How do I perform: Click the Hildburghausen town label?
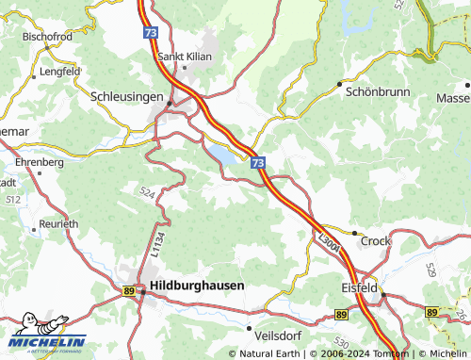click(x=198, y=285)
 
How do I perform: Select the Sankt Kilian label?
click(x=185, y=57)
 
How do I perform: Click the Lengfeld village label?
click(x=60, y=71)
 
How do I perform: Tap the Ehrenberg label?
click(x=40, y=162)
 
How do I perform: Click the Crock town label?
click(x=375, y=241)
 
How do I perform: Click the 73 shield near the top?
click(x=152, y=32)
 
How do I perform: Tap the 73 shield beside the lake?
click(x=258, y=163)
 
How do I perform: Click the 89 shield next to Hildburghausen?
click(x=128, y=290)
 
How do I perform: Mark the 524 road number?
click(x=148, y=192)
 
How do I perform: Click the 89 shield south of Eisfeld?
click(x=341, y=314)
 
